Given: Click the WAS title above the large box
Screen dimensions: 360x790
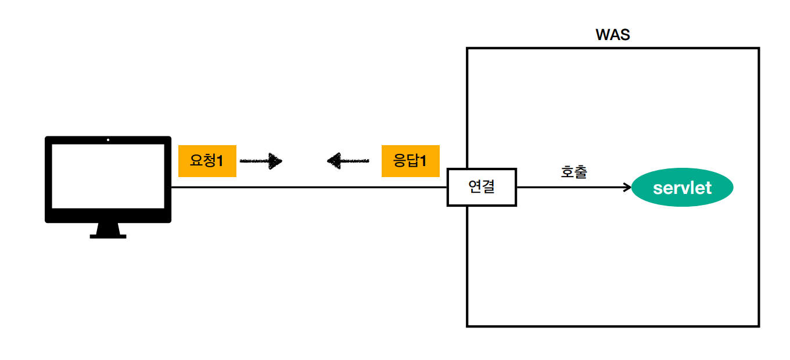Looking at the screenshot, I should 613,34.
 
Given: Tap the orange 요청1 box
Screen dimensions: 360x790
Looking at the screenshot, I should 207,161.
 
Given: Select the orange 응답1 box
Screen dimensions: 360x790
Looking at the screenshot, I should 410,161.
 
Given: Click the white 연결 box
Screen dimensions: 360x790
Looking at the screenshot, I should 482,187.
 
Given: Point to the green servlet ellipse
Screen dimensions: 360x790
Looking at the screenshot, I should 682,188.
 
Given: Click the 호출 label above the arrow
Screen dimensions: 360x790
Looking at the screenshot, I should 574,172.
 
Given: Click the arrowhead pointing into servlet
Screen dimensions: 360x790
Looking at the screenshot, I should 627,187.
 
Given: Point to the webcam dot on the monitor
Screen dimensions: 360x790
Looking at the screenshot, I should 108,140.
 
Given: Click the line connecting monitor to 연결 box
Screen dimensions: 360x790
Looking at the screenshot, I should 308,187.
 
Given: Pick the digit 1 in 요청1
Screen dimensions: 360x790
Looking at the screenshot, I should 220,161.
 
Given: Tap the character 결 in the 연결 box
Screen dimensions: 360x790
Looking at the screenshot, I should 488,187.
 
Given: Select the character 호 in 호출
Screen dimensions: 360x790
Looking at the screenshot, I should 568,172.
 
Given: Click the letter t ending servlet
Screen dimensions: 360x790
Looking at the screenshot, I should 708,188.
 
